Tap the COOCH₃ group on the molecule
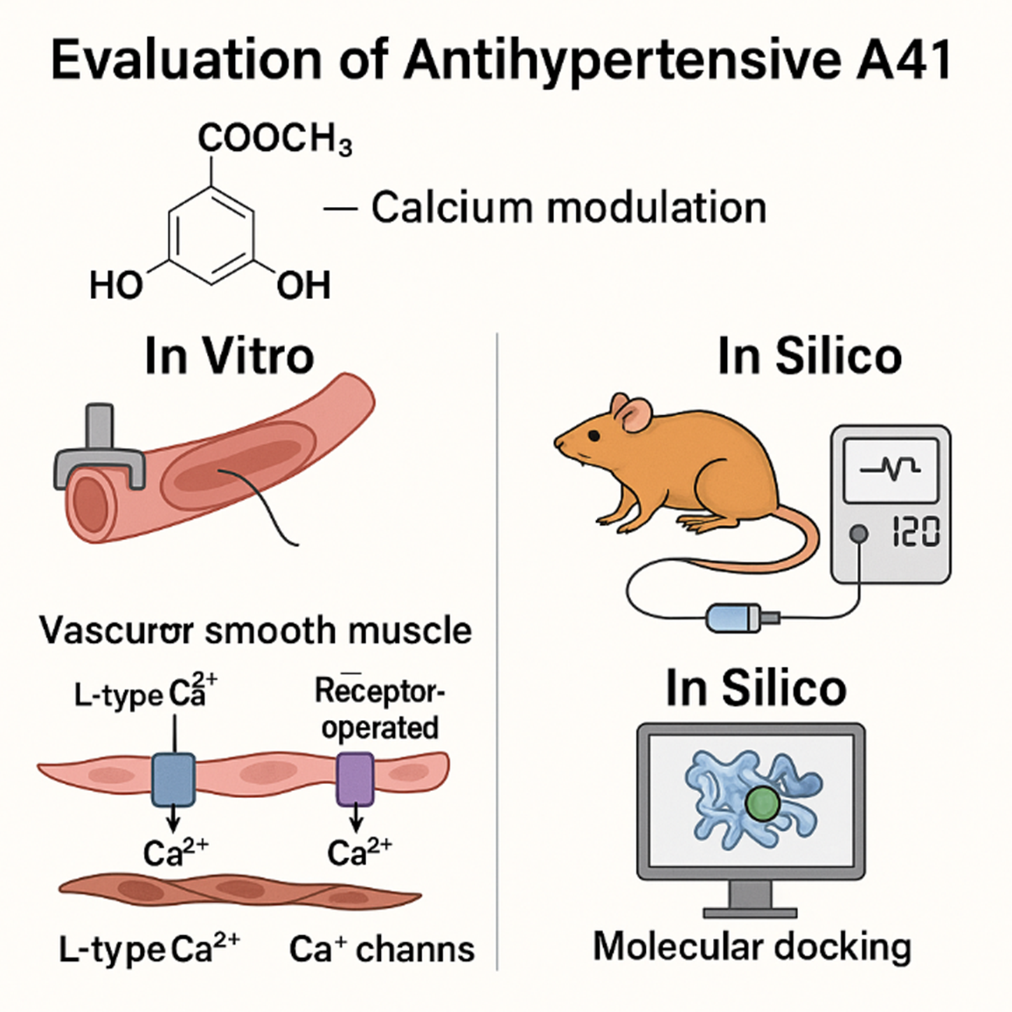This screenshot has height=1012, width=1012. [x=275, y=139]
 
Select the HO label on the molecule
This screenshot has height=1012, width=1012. [x=116, y=286]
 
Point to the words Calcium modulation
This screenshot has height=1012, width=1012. [x=568, y=208]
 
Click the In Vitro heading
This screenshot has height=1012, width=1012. [x=229, y=356]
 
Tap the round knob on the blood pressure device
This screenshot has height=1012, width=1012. [x=858, y=535]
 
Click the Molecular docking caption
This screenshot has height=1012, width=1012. [x=752, y=947]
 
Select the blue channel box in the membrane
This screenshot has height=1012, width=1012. [x=173, y=779]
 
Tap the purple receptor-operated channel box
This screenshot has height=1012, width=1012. [x=356, y=779]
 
